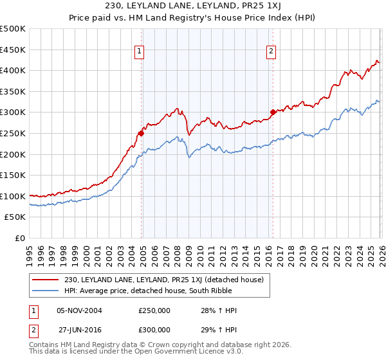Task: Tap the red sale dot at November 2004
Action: [141, 133]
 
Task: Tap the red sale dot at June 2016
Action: [273, 112]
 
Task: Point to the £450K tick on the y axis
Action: [13, 50]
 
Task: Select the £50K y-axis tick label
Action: [15, 217]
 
